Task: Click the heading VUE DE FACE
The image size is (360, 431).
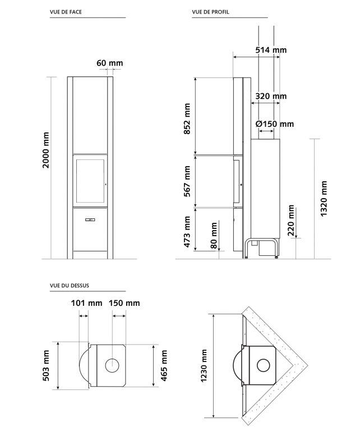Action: [x=66, y=12]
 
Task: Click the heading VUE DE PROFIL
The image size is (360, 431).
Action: [x=210, y=12]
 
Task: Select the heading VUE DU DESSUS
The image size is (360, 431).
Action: [x=70, y=286]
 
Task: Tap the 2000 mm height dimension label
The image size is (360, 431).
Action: [x=46, y=150]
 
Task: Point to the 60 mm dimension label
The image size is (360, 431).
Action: [x=109, y=63]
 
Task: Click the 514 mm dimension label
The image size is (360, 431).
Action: [x=271, y=50]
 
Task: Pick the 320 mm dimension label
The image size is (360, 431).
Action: [x=271, y=96]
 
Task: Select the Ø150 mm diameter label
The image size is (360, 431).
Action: [x=274, y=124]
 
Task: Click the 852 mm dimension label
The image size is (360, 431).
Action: [x=187, y=119]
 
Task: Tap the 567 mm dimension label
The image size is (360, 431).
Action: [x=187, y=181]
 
